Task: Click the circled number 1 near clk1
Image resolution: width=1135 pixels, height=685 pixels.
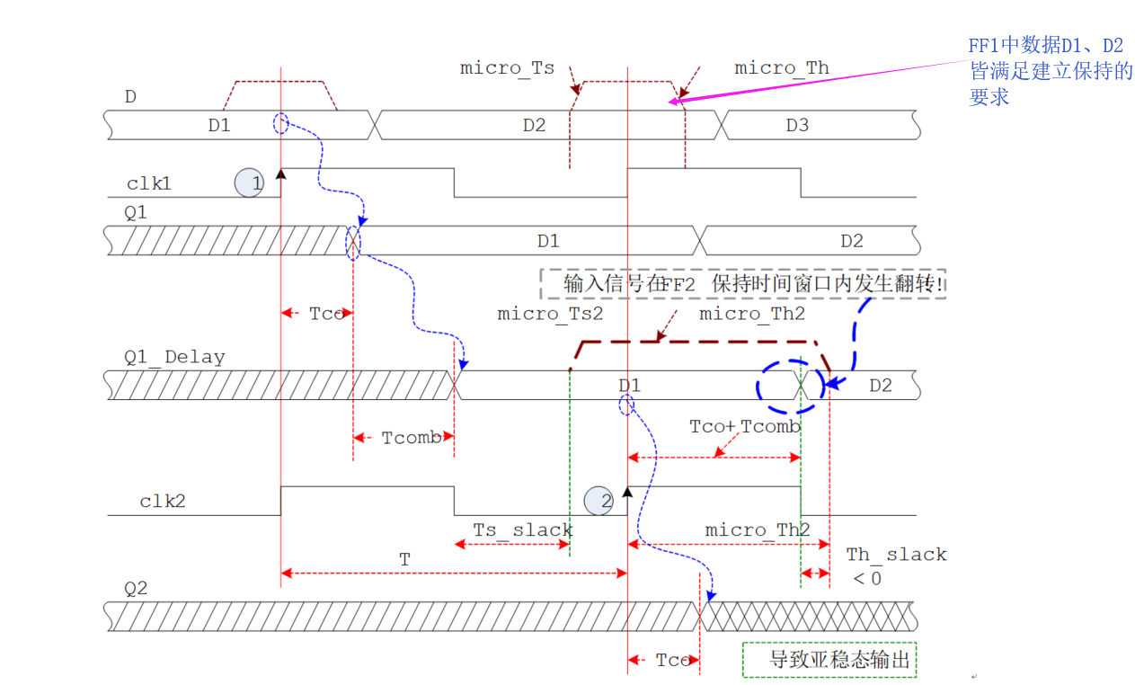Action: pos(251,183)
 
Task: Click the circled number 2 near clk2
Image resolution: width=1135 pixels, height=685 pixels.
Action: pos(599,501)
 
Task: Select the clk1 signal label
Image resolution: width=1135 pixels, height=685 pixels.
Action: pos(149,184)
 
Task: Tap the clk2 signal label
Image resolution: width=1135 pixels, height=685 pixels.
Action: pos(162,502)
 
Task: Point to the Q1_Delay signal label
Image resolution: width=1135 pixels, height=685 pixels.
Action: pos(174,357)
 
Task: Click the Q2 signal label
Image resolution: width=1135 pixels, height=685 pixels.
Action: pos(136,589)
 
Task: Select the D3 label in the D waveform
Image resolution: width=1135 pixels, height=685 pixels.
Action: pos(797,125)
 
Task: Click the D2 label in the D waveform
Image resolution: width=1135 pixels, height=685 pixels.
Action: pos(534,125)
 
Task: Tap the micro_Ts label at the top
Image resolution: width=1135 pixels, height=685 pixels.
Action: pos(507,68)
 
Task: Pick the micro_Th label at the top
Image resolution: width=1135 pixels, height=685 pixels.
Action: pos(782,68)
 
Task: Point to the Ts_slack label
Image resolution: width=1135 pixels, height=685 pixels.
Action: pos(523,529)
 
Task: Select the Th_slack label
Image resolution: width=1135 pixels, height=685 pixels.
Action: pos(896,555)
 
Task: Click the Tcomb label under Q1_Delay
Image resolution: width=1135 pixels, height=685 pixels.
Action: pos(412,438)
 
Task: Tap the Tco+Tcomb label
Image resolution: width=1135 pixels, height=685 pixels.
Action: pos(744,426)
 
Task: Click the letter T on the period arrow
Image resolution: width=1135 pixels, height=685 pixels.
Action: pos(404,559)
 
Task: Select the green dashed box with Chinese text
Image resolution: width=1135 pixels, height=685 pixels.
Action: pos(829,660)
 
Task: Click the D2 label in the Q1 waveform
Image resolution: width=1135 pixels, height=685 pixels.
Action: pos(851,241)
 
